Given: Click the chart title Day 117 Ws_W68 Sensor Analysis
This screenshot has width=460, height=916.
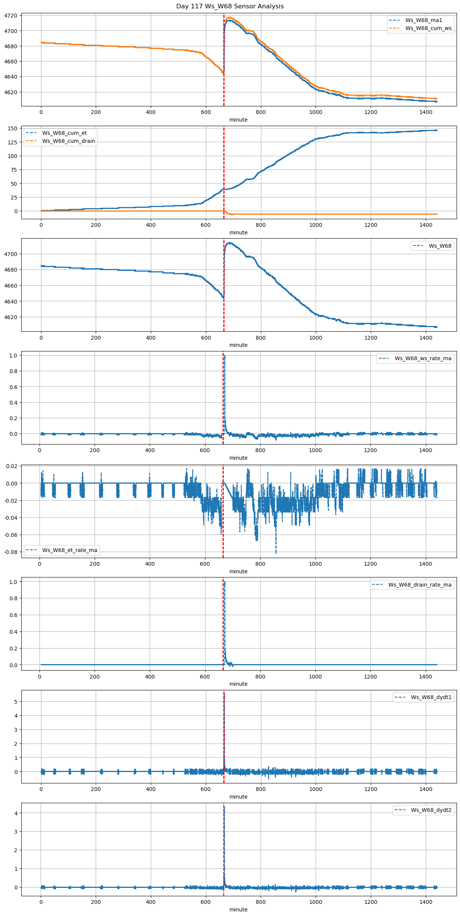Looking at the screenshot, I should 230,6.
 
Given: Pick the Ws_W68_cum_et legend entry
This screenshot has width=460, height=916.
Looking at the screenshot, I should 64,133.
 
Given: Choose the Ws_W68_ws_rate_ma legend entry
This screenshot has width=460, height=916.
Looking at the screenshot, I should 423,358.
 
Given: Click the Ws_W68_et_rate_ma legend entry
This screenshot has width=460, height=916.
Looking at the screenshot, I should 70,550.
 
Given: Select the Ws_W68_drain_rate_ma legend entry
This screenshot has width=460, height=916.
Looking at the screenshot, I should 420,585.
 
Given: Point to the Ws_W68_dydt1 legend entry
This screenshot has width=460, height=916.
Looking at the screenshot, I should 431,697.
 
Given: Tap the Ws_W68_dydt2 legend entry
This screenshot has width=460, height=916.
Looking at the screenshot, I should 431,810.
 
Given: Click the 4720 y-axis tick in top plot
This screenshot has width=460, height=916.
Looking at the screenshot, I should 11,16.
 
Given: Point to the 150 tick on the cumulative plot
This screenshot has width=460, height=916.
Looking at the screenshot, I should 13,128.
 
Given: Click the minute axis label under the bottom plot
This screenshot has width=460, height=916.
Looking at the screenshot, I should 238,910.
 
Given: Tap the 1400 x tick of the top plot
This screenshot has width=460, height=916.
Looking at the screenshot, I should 425,112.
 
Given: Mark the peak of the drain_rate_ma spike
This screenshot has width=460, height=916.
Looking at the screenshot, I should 224,582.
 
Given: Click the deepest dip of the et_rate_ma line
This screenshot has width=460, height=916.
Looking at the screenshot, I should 276,553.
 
